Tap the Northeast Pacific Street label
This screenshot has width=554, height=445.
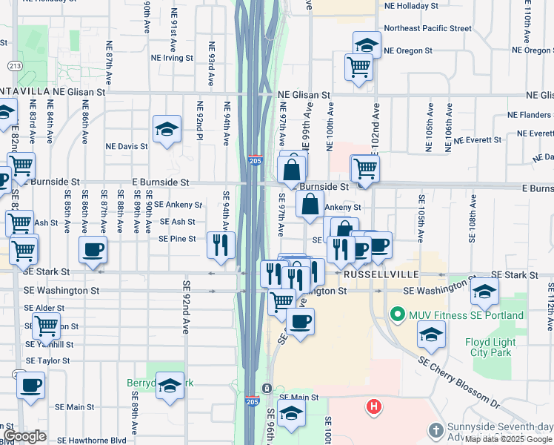coord(428,28)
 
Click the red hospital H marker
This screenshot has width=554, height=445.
coord(374,406)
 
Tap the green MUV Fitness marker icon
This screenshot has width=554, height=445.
coord(396,315)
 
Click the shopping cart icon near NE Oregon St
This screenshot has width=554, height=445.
coord(358,67)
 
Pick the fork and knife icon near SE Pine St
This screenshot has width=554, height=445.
coord(221,244)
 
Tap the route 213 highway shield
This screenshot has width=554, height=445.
coord(14,66)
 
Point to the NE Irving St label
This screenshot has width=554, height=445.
coord(172,57)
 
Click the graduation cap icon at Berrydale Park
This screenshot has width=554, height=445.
coord(170,386)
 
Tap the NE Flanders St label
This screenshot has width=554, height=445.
coord(530,115)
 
